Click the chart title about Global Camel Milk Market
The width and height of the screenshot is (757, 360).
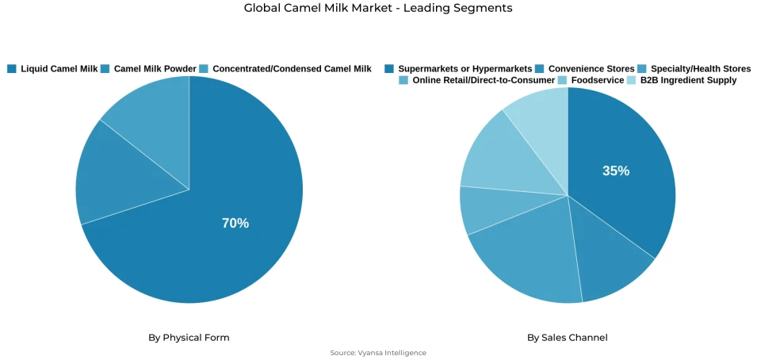click(x=378, y=8)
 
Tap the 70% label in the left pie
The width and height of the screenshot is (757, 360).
click(x=235, y=224)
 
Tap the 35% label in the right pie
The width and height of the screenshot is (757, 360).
click(x=616, y=170)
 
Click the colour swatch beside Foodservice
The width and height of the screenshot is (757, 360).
click(x=563, y=80)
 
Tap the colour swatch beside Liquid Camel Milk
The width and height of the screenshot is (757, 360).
click(x=12, y=69)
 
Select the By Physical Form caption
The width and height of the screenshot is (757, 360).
click(x=189, y=338)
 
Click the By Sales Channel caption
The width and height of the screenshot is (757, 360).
click(x=568, y=338)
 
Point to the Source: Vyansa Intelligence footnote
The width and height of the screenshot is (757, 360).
click(x=378, y=353)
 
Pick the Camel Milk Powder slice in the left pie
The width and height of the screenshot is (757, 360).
click(x=111, y=178)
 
